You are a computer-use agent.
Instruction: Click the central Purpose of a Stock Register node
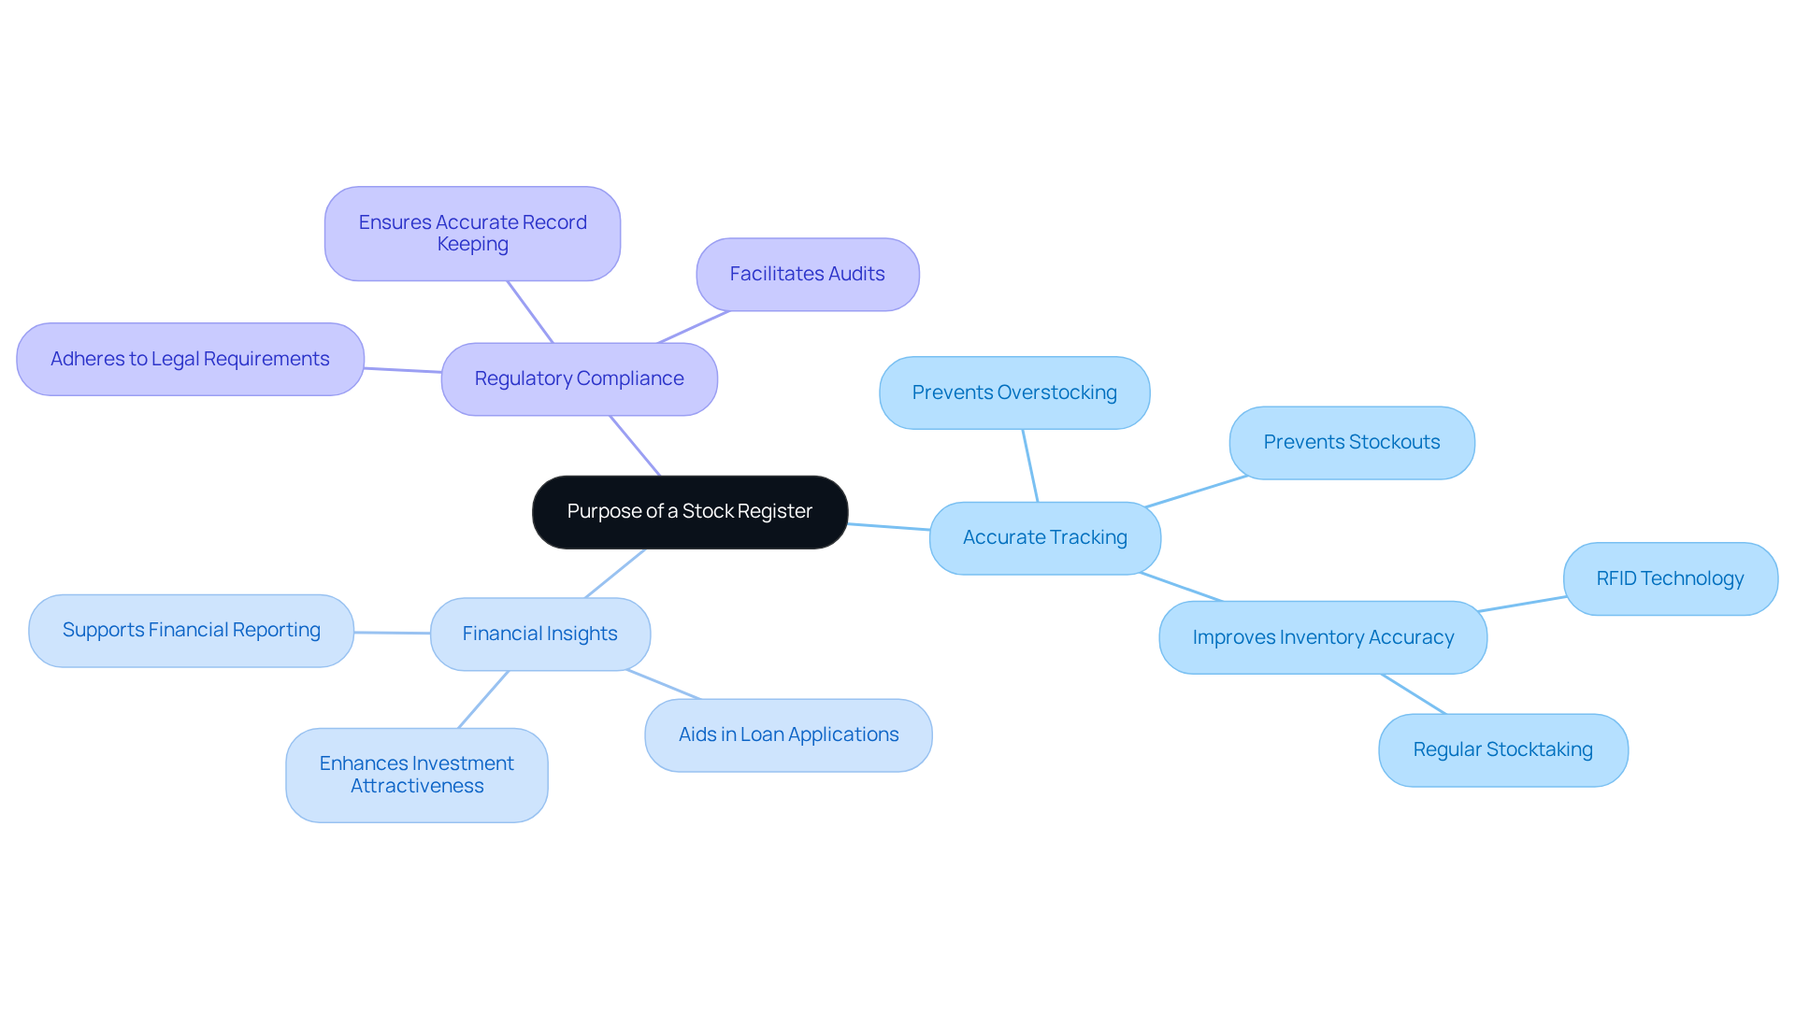(x=689, y=512)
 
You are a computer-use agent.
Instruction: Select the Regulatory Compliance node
(x=579, y=378)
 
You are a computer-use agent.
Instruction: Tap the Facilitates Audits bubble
(x=807, y=274)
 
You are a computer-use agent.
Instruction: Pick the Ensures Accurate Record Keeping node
(x=472, y=234)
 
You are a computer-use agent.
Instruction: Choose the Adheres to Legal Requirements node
(x=190, y=359)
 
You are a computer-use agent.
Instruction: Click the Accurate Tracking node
(x=1044, y=537)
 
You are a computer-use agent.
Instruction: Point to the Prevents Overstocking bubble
(x=1014, y=392)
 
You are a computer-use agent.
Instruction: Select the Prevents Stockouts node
(x=1351, y=442)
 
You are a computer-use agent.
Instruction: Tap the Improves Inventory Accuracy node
(x=1322, y=637)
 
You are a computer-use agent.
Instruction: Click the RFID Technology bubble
(x=1670, y=578)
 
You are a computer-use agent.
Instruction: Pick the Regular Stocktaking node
(x=1502, y=749)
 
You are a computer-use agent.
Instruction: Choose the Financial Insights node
(x=539, y=634)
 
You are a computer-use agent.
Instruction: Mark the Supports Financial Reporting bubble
(x=191, y=630)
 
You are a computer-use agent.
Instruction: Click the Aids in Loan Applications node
(x=788, y=734)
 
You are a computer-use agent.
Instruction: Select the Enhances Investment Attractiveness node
(x=416, y=775)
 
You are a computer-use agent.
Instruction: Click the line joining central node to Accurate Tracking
(x=888, y=527)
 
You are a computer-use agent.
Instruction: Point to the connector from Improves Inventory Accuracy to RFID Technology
(x=1522, y=604)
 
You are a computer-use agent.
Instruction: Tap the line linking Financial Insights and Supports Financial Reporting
(x=392, y=633)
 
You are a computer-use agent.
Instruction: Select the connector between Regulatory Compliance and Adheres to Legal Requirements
(x=402, y=370)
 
